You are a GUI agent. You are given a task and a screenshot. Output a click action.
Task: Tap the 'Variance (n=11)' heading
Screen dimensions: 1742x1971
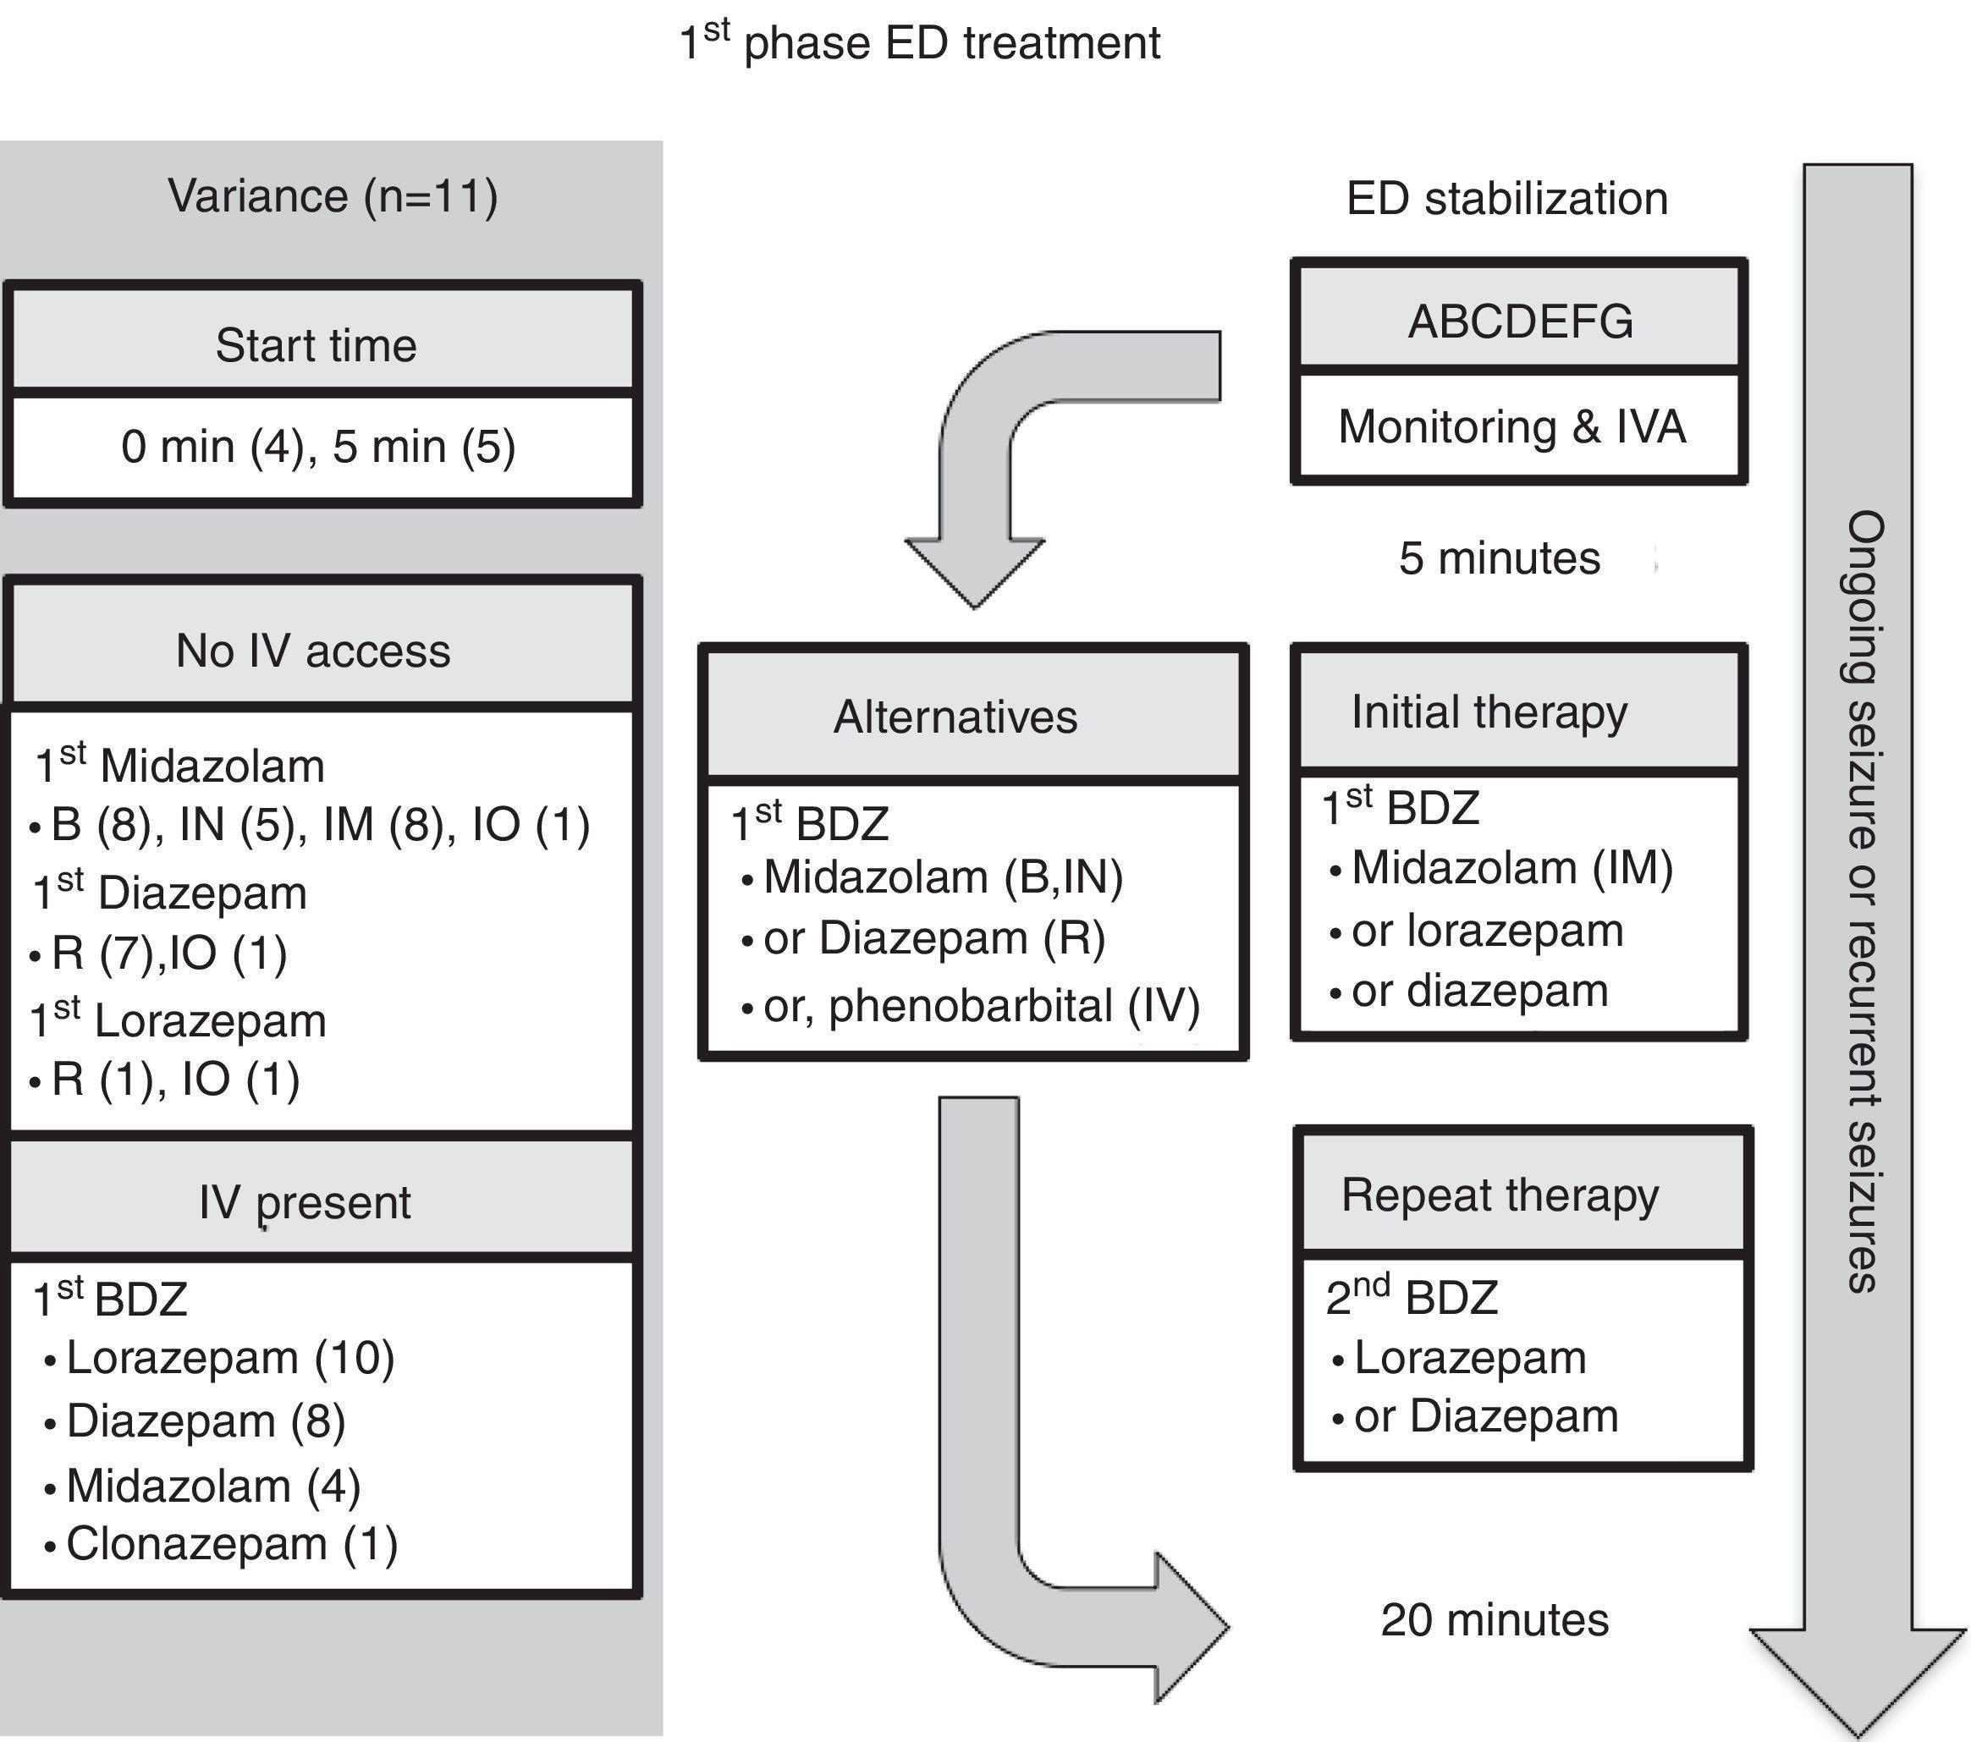click(333, 196)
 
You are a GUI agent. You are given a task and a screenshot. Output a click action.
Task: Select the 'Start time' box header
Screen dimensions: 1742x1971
click(317, 345)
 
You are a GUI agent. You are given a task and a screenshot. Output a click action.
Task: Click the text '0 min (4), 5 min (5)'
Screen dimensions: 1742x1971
click(318, 448)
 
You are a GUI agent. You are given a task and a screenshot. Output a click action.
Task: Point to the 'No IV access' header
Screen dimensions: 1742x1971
click(313, 651)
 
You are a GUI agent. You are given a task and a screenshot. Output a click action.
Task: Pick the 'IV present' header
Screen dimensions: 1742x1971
click(305, 1202)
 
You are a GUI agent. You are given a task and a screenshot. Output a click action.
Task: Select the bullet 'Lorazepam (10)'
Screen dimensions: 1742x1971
click(229, 1358)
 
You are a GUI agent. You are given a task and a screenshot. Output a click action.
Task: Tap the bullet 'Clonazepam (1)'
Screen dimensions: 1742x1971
click(231, 1543)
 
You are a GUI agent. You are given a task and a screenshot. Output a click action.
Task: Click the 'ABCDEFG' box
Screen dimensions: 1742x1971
click(1520, 321)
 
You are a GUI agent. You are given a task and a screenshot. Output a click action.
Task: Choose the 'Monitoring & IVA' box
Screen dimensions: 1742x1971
click(1512, 427)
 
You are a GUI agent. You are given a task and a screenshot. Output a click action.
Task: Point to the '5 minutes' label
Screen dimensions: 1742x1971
click(1500, 558)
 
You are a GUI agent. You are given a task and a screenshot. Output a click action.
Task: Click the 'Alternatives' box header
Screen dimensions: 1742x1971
click(955, 717)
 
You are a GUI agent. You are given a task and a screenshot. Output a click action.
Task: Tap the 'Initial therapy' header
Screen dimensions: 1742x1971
click(1489, 712)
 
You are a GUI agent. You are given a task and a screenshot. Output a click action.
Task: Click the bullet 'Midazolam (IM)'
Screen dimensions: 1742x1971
click(1511, 868)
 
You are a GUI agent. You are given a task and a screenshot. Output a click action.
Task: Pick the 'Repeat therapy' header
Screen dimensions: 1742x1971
click(1500, 1195)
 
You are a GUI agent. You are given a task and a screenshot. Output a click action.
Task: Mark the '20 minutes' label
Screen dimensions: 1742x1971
click(1495, 1619)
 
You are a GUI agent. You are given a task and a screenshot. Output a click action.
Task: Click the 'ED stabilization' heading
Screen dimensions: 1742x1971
click(1506, 199)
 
